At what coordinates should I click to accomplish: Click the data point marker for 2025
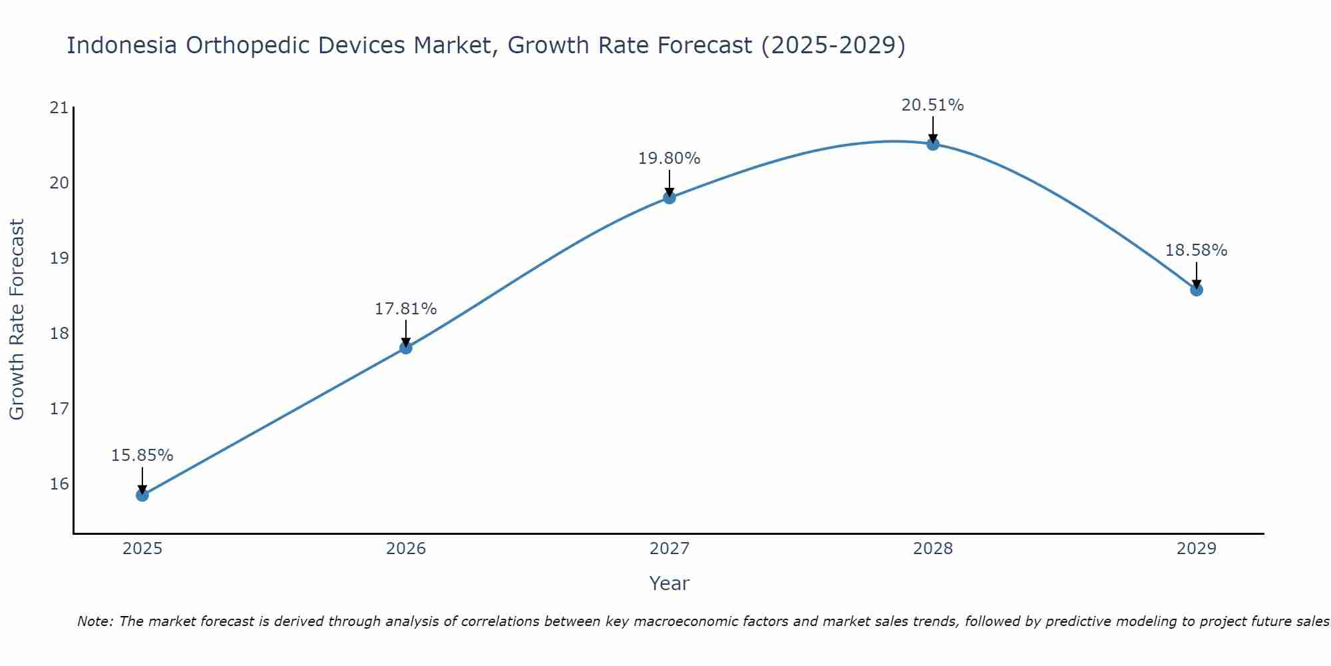(142, 495)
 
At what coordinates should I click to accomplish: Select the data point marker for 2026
(405, 348)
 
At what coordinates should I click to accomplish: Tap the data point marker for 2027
(669, 197)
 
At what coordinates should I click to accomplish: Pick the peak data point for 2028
(932, 144)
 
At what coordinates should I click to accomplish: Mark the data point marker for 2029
(1196, 290)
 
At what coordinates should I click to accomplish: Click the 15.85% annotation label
(142, 456)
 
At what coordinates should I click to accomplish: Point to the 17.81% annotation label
(405, 309)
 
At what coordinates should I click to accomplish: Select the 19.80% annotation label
(669, 159)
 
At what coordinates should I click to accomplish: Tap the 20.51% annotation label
(932, 105)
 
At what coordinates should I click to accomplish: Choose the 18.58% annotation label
(1196, 250)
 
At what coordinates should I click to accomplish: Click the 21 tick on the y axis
(59, 108)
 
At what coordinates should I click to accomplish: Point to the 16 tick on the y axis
(59, 484)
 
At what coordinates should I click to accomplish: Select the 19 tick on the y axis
(59, 258)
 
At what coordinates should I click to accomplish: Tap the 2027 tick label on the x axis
(669, 549)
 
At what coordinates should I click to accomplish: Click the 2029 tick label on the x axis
(1196, 549)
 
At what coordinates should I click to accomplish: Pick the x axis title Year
(669, 583)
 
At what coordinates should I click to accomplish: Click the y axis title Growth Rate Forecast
(17, 320)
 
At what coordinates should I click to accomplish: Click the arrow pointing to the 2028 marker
(932, 129)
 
